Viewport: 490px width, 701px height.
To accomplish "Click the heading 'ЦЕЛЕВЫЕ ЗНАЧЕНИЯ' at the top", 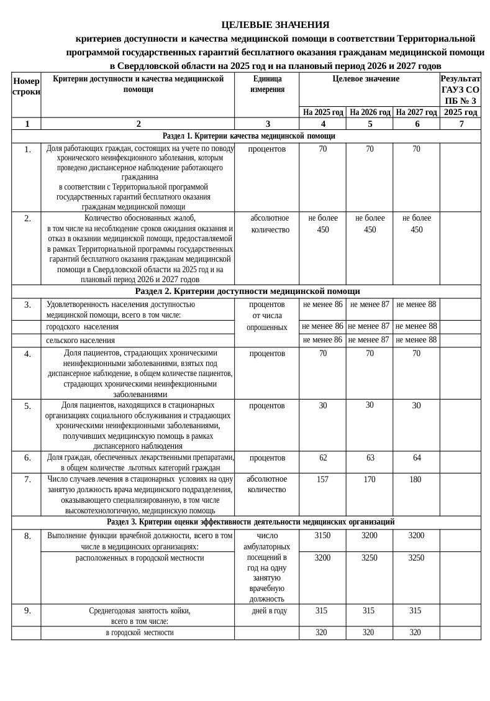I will click(275, 25).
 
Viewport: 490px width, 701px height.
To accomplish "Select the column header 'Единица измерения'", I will click(267, 84).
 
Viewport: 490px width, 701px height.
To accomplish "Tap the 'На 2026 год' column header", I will click(370, 112).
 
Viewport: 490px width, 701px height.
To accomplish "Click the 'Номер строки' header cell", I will click(26, 86).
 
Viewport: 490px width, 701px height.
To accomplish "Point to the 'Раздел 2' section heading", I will click(247, 291).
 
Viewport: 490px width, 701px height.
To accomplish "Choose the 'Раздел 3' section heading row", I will click(250, 522).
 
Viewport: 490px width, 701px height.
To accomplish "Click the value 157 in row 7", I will click(322, 480).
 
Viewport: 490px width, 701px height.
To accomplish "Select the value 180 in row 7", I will click(415, 480).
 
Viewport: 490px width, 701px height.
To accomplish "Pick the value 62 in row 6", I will click(323, 458).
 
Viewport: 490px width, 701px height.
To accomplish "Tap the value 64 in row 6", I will click(417, 458).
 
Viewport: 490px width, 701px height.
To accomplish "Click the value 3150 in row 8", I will click(322, 536).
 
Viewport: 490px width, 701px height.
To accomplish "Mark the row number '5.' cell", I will click(27, 406).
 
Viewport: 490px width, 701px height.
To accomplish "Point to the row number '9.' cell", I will click(27, 611).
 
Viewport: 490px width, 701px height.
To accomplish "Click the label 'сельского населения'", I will click(80, 341).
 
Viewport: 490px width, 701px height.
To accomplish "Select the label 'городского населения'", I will click(82, 327).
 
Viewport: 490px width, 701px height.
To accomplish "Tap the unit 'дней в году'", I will click(269, 611).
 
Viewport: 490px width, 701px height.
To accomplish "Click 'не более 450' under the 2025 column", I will click(323, 224).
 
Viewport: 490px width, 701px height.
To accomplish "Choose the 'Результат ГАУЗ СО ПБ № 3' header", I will click(460, 89).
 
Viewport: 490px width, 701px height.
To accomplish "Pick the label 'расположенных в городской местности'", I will click(140, 558).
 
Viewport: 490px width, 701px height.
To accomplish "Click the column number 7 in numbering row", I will click(461, 124).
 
